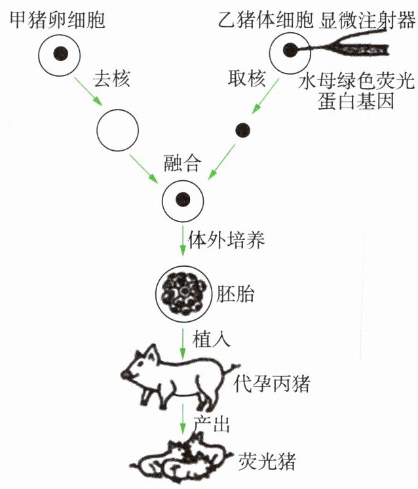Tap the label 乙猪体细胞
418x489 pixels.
[x=265, y=18]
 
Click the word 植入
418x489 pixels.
[x=211, y=341]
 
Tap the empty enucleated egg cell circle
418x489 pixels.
[x=117, y=129]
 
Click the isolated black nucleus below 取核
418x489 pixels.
[x=242, y=130]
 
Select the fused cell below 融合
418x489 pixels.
[x=183, y=198]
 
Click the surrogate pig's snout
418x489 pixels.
[x=126, y=374]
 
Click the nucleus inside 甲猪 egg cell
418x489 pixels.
[x=60, y=53]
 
